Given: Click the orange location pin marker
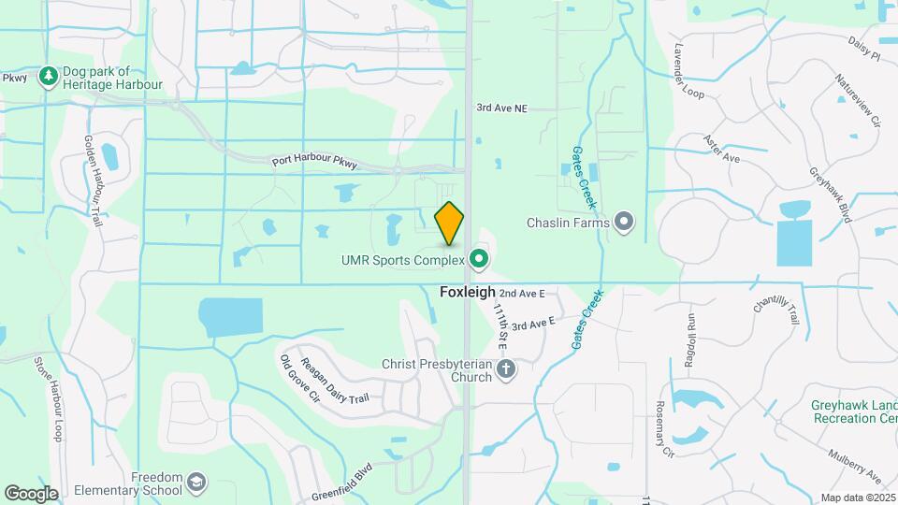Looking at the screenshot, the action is pos(450,223).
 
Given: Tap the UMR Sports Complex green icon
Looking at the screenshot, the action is pos(480,259).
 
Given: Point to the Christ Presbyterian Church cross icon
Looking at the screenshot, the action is pos(506,368).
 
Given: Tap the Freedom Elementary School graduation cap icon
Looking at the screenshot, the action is pos(196,483).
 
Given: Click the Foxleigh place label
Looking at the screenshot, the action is pos(467,292).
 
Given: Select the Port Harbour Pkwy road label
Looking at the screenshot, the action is pos(314,161).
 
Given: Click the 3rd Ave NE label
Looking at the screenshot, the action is pos(501,108).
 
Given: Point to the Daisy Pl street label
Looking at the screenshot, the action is pos(864,49).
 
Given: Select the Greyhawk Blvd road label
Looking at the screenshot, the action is pos(832,195).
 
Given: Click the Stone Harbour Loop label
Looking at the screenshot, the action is pos(48,399).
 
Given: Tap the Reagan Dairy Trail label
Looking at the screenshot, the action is pos(334,384).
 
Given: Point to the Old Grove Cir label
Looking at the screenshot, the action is pos(299,378).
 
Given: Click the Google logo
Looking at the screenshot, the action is pos(31,493).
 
